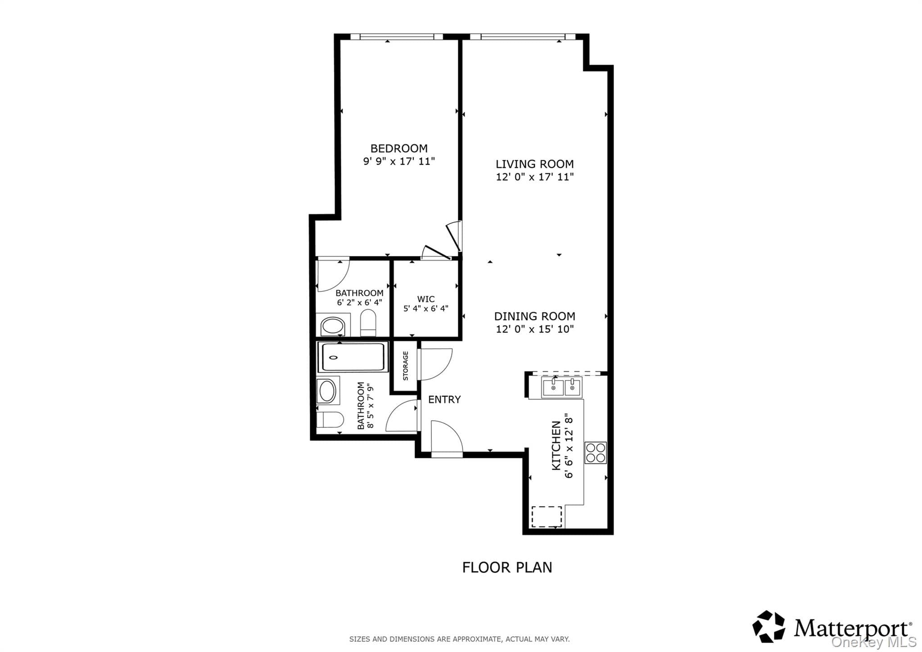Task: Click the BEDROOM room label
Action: click(x=399, y=148)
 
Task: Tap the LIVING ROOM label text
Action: click(x=535, y=164)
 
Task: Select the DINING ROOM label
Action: click(x=535, y=316)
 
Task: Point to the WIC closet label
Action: click(x=426, y=299)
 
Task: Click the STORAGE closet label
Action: click(x=406, y=366)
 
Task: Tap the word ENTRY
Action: click(x=444, y=399)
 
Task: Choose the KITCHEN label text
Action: click(x=556, y=446)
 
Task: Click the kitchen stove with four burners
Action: click(x=596, y=453)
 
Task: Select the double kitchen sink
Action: click(x=562, y=388)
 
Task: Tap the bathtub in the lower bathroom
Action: click(x=353, y=357)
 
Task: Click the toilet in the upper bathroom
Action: click(x=368, y=322)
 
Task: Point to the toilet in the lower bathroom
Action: click(x=330, y=420)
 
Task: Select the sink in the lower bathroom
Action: click(x=327, y=391)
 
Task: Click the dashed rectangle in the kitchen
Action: click(x=547, y=516)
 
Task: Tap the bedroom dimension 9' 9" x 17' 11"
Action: click(x=399, y=161)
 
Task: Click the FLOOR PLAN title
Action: click(x=507, y=567)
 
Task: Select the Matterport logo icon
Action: click(x=769, y=626)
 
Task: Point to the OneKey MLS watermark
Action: click(x=874, y=642)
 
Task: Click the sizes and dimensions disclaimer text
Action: click(x=459, y=639)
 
